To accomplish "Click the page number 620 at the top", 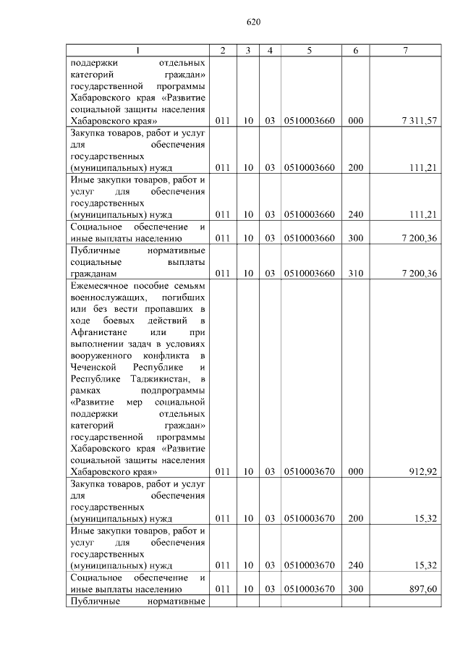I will (253, 22).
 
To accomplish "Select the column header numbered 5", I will (309, 50).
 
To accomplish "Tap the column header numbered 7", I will (405, 50).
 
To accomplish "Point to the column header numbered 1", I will (138, 50).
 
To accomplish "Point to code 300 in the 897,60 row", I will (355, 589).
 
